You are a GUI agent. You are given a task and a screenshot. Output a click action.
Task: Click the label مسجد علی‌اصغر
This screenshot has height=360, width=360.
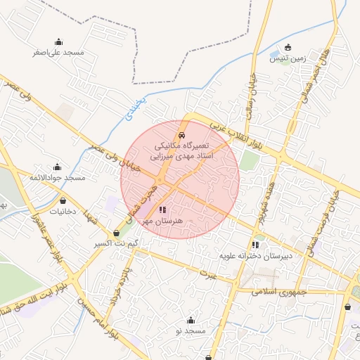[x=58, y=53]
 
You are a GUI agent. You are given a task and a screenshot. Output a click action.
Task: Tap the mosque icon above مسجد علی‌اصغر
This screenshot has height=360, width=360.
[x=58, y=41]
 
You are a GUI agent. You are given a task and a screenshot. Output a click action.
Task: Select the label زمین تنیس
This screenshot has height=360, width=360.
[x=288, y=59]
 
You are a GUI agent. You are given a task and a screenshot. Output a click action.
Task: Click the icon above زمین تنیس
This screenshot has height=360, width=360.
[x=288, y=47]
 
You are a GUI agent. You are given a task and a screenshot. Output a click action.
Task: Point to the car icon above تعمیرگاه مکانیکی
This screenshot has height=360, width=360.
[x=182, y=133]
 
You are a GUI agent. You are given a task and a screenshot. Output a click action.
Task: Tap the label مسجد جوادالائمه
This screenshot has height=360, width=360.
[x=57, y=178]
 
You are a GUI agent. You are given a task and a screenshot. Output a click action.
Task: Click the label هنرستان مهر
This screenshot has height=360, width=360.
[x=162, y=221]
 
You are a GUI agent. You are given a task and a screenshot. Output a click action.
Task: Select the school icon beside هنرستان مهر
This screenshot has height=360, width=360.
[x=162, y=210]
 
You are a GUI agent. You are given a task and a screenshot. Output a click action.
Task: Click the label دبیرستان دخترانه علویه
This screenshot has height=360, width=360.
[x=255, y=256]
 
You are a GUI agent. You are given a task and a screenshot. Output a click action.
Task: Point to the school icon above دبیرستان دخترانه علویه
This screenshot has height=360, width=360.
[x=255, y=245]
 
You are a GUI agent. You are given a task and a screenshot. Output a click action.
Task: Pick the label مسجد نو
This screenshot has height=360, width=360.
[x=190, y=330]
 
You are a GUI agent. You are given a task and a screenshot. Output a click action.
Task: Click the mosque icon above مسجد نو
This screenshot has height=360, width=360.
[x=190, y=320]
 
